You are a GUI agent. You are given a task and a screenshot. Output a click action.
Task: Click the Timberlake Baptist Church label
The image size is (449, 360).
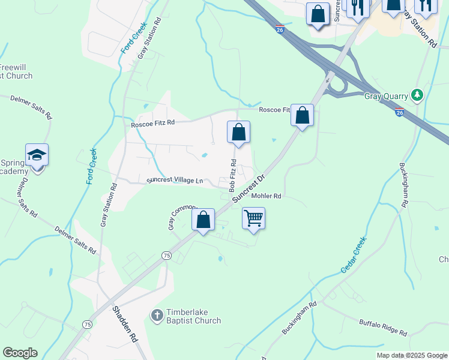193,316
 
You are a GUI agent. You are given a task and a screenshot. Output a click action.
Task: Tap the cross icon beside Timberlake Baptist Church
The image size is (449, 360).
157,315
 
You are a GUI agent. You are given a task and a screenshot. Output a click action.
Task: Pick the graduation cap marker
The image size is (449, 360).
37,155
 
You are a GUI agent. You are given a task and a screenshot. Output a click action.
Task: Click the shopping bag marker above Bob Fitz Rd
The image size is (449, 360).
238,132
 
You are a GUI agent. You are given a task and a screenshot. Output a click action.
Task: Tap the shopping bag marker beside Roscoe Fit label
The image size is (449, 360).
303,115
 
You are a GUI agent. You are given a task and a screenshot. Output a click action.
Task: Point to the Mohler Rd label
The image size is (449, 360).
267,196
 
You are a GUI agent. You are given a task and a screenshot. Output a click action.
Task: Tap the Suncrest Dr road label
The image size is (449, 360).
249,188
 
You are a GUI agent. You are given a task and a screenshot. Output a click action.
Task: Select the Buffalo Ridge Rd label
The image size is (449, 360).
383,328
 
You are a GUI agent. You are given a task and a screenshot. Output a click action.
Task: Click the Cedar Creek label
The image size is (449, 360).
354,255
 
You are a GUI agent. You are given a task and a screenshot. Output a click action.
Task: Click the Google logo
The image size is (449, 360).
20,353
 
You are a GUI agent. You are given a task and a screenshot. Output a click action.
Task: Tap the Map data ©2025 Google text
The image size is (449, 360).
411,355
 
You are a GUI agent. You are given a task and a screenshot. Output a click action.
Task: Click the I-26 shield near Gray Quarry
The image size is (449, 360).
400,112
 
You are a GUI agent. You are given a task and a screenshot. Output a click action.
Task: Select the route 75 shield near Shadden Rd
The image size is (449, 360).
88,325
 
